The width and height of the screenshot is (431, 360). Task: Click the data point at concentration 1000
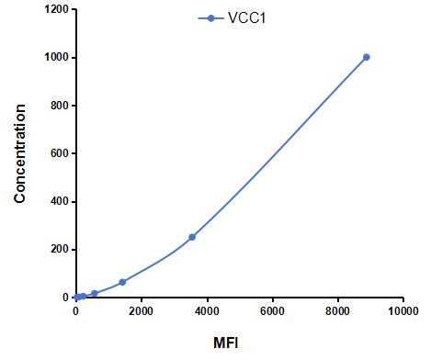[x=366, y=57]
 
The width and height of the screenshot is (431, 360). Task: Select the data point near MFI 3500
[x=192, y=237]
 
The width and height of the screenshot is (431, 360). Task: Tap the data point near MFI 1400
[x=122, y=282]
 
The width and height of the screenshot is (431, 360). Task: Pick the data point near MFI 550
[x=95, y=293]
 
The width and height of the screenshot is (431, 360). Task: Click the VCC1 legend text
[x=246, y=18]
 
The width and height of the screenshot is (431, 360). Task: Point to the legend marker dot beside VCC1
[x=210, y=18]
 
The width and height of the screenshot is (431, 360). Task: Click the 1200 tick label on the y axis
[x=57, y=9]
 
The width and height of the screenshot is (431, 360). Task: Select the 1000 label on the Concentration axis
[x=57, y=58]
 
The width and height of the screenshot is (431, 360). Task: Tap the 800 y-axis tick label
[x=60, y=106]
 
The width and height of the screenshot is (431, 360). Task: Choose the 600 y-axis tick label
[x=60, y=153]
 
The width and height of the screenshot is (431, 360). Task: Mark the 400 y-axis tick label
[x=60, y=201]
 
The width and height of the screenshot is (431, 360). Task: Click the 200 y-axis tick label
[x=60, y=250]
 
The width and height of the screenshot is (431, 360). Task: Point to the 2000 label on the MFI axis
[x=142, y=311]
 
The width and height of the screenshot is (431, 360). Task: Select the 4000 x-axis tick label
[x=207, y=311]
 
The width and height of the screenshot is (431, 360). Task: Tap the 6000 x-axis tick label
[x=272, y=311]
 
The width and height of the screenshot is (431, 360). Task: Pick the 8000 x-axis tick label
[x=338, y=311]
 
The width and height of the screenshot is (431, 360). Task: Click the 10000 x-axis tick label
[x=403, y=311]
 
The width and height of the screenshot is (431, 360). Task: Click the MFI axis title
[x=226, y=343]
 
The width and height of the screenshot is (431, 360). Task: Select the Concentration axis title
[x=20, y=153]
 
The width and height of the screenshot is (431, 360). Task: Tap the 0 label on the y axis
[x=65, y=298]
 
